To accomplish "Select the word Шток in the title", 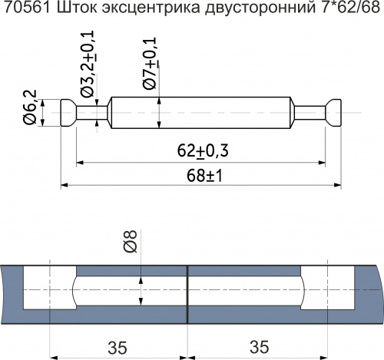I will point(69,12).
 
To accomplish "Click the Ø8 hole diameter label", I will point(130,243).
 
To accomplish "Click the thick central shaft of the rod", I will point(200,113).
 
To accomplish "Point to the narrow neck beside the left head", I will point(91,113).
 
